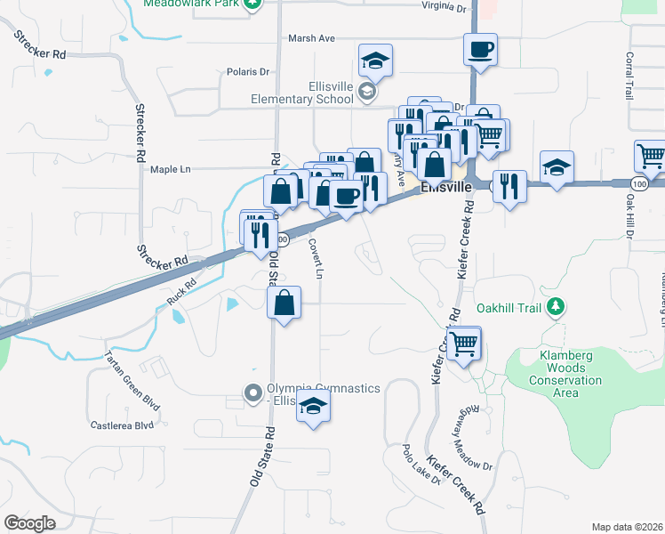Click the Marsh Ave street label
click(x=311, y=38)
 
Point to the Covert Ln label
click(x=315, y=257)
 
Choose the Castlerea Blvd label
click(x=124, y=425)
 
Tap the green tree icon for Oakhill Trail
click(x=556, y=308)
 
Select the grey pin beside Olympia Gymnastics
click(x=253, y=392)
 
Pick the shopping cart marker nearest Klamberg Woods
click(x=463, y=343)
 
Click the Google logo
click(x=29, y=523)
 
